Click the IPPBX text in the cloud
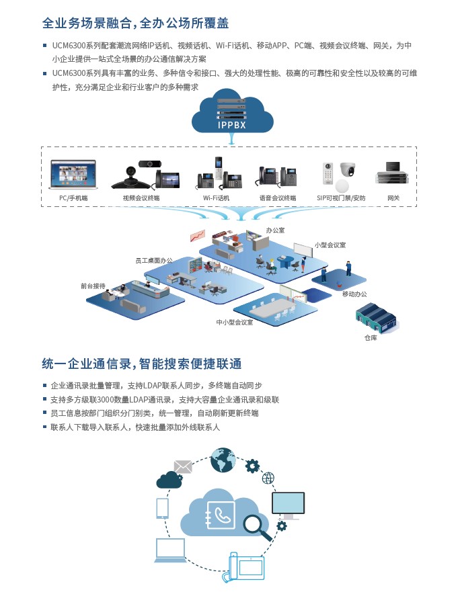(x=231, y=125)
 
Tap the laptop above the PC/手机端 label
(x=73, y=174)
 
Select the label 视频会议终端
(x=141, y=198)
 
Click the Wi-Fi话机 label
(x=216, y=198)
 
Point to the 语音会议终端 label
(x=278, y=198)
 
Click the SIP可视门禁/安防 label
(x=341, y=198)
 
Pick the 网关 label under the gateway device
(x=393, y=198)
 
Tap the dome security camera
(x=348, y=169)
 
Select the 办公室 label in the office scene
(x=275, y=230)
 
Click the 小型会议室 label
(x=330, y=245)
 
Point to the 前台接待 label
(x=93, y=286)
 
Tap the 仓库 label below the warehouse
(x=371, y=337)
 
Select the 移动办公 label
(x=354, y=294)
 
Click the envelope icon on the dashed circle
(x=183, y=466)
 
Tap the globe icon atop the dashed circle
(x=223, y=460)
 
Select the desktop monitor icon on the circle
(x=288, y=505)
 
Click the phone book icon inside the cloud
(x=221, y=515)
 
